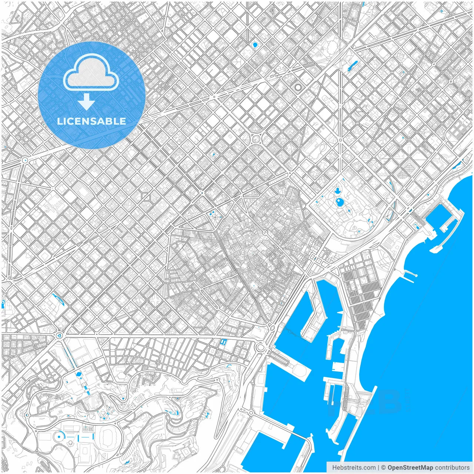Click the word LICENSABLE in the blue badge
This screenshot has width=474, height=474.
pos(91,121)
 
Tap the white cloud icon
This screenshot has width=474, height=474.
pos(91,73)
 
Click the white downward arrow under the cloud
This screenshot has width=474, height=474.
pos(86,102)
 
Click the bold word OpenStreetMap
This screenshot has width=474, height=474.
pos(410,468)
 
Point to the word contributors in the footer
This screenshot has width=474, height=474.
pos(452,468)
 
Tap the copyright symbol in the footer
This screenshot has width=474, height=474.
pos(383,468)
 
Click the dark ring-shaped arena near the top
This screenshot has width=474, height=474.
pos(298,87)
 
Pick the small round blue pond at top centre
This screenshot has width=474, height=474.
pos(255,45)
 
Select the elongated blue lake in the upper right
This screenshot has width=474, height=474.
pos(352,66)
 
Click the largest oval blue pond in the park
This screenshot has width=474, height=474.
pos(340,202)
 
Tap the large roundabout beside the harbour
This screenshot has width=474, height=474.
pos(261,347)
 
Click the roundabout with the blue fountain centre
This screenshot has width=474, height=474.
pos(59,335)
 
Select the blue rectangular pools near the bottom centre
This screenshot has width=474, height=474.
pos(223,342)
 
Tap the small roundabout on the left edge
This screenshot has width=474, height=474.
pos(25,160)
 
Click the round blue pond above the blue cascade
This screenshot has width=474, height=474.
pos(79,374)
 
